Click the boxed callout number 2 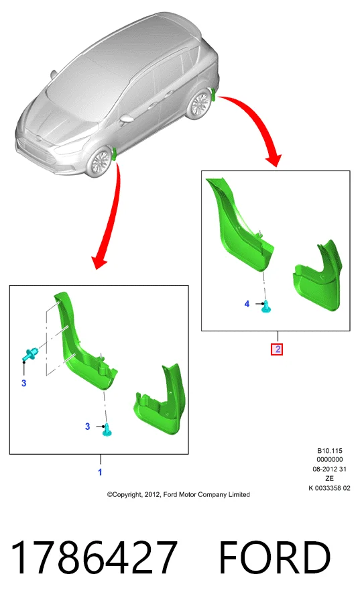[277, 349]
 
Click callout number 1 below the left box [100, 472]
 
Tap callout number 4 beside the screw [247, 304]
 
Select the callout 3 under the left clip [23, 384]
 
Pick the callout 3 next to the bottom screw [87, 427]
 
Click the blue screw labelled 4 [266, 307]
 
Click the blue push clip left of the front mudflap [29, 353]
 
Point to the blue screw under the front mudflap [107, 429]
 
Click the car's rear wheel [198, 104]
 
